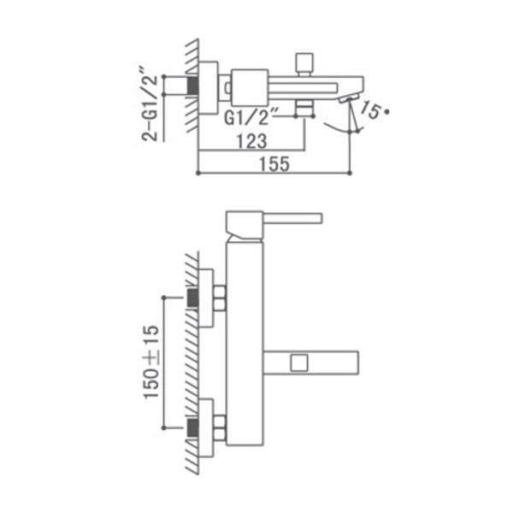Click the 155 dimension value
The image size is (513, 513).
pos(274,163)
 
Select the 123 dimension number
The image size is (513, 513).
pos(251,141)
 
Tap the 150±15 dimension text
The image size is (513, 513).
pos(151,362)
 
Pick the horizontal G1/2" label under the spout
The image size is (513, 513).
pos(251,117)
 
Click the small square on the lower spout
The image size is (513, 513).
pos(299,363)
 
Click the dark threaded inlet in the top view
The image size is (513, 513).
pos(193,85)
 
